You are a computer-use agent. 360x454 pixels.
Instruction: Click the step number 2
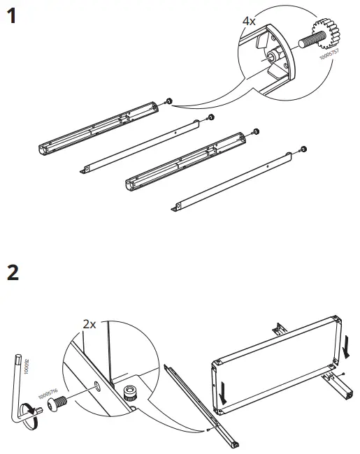(12, 272)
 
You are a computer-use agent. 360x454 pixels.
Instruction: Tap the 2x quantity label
(89, 324)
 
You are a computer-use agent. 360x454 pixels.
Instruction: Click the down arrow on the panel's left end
(223, 394)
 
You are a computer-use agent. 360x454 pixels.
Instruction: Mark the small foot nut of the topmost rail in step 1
(168, 102)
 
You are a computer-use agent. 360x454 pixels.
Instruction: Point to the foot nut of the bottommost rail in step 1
(303, 148)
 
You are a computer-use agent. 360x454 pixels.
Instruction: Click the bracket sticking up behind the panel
(279, 327)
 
